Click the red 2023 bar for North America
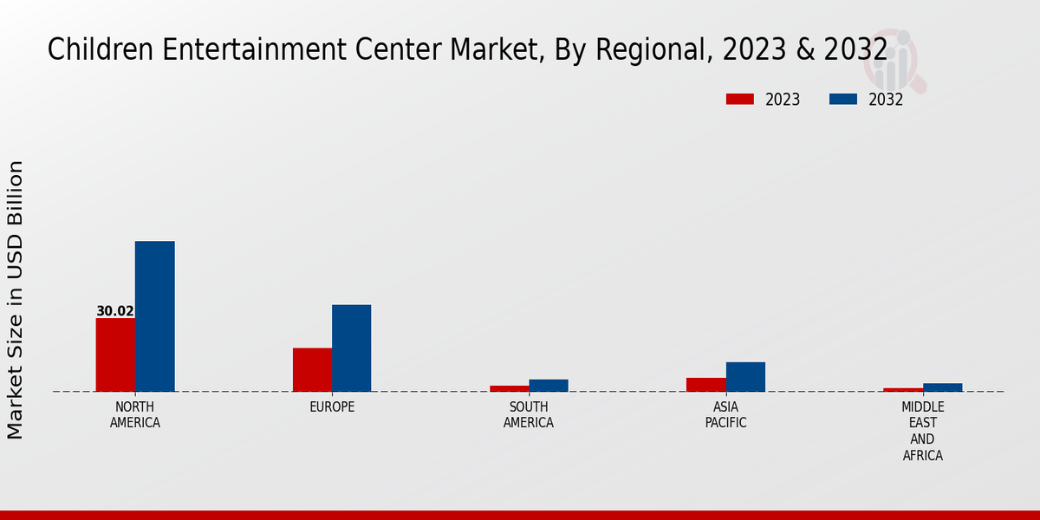click(x=115, y=354)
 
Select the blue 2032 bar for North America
click(x=154, y=316)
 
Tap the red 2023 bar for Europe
click(x=312, y=369)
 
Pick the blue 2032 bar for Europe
click(x=351, y=348)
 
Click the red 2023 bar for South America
click(x=509, y=388)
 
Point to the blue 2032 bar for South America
click(x=549, y=386)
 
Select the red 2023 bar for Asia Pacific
click(x=705, y=384)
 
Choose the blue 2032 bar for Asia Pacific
click(x=745, y=376)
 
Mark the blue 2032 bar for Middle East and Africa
click(x=942, y=387)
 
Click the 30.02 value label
click(x=114, y=311)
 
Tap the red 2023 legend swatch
click(x=739, y=99)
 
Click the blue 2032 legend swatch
click(x=842, y=99)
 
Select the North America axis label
click(x=135, y=415)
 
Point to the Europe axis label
click(x=332, y=407)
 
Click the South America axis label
click(x=529, y=415)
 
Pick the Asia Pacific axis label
click(x=725, y=415)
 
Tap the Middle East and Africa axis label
click(x=922, y=431)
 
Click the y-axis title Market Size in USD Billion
click(x=16, y=299)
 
